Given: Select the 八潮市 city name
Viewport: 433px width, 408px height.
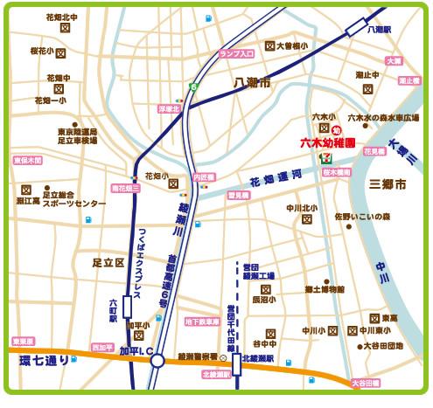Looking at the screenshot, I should click(253, 82).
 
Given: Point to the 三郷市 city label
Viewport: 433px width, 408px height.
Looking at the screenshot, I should click(388, 185).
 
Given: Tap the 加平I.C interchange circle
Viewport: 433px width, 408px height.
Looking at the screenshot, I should click(157, 360).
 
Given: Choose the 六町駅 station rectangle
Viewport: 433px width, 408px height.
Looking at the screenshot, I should click(128, 306).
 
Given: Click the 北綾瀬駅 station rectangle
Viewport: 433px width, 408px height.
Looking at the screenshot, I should click(236, 363).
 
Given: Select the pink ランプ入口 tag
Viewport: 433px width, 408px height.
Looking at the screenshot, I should click(237, 54).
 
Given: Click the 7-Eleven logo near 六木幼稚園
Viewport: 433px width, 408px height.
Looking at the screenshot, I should click(325, 158).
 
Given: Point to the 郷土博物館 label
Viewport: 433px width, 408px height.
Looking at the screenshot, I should click(325, 289).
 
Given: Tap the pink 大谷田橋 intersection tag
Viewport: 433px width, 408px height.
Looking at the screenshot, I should click(366, 383).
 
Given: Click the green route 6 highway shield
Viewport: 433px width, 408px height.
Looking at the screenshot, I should click(195, 87).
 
